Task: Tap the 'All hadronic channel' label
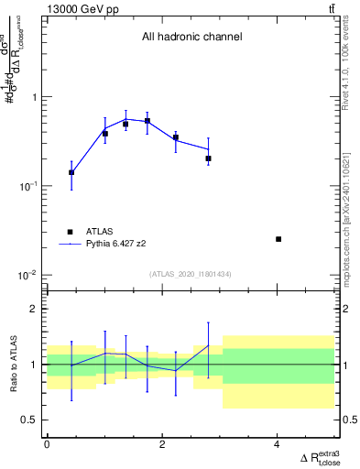tap(191, 38)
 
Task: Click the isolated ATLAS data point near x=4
tap(278, 239)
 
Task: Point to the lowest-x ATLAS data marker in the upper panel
tap(71, 172)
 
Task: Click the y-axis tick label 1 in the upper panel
tap(37, 97)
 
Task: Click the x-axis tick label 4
tap(277, 444)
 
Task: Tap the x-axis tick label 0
tap(47, 444)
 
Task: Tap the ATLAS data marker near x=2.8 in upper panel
tap(209, 158)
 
